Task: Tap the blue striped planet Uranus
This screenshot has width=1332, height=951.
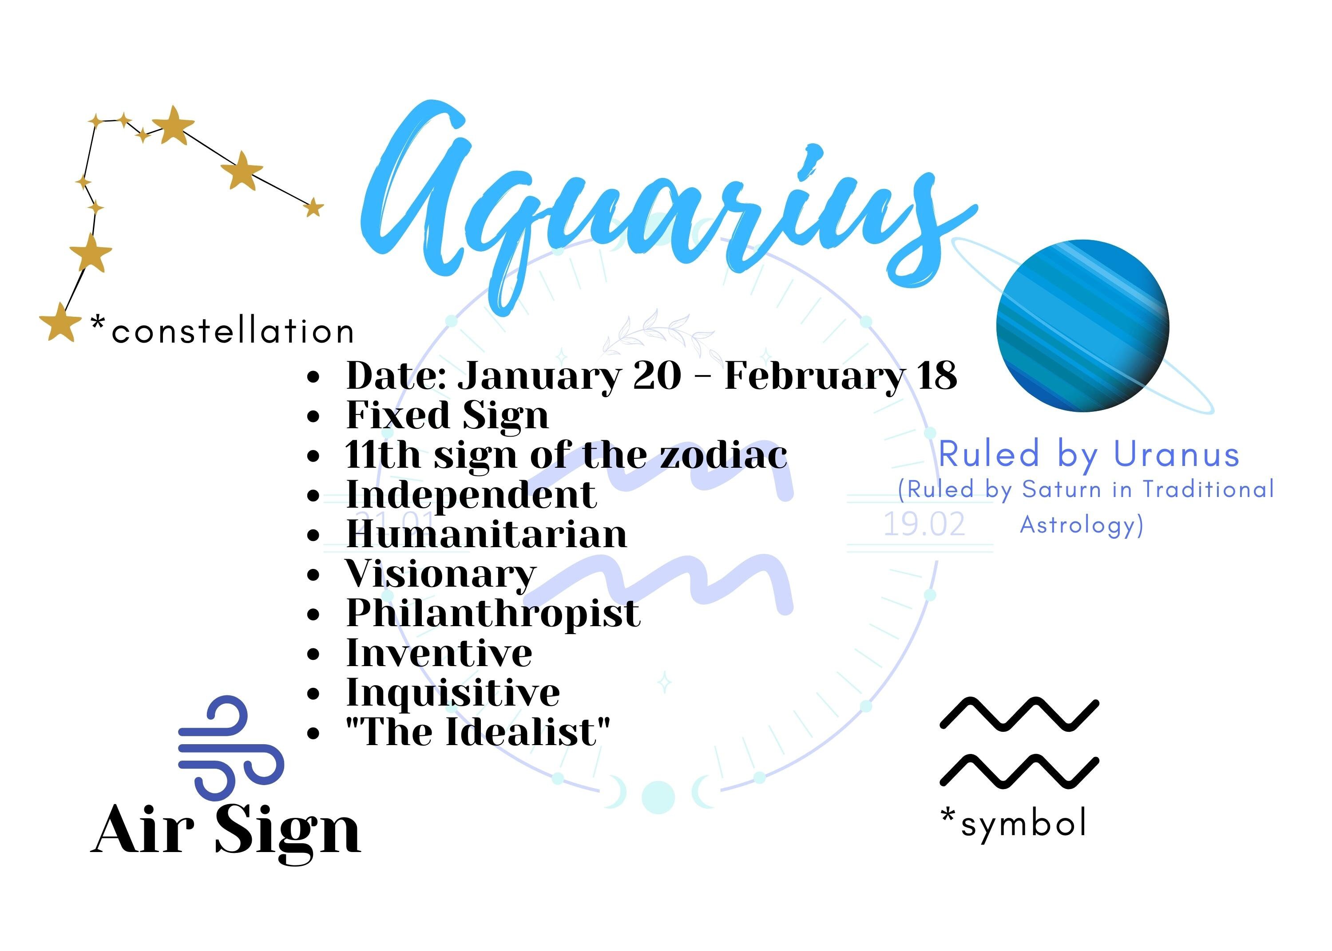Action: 1082,326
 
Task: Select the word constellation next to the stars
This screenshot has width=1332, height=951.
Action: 233,331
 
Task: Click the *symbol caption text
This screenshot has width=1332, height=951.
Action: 1013,823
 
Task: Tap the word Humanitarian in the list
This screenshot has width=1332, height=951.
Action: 486,534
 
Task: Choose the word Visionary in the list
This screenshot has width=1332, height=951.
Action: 440,574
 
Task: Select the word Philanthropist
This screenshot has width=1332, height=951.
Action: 493,613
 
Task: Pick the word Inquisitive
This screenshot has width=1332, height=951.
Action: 453,693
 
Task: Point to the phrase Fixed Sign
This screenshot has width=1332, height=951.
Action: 448,415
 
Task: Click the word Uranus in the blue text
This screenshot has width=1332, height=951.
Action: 1176,455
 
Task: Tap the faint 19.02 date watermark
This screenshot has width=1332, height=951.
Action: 924,525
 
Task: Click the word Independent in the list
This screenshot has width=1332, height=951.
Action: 472,495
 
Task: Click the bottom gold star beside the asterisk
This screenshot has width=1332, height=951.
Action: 60,322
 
